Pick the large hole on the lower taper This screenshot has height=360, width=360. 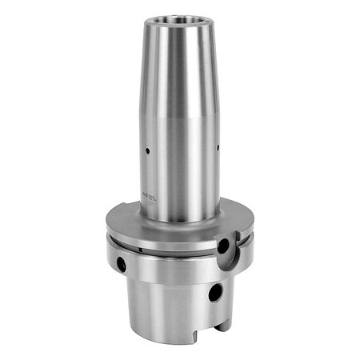(x=215, y=293)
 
